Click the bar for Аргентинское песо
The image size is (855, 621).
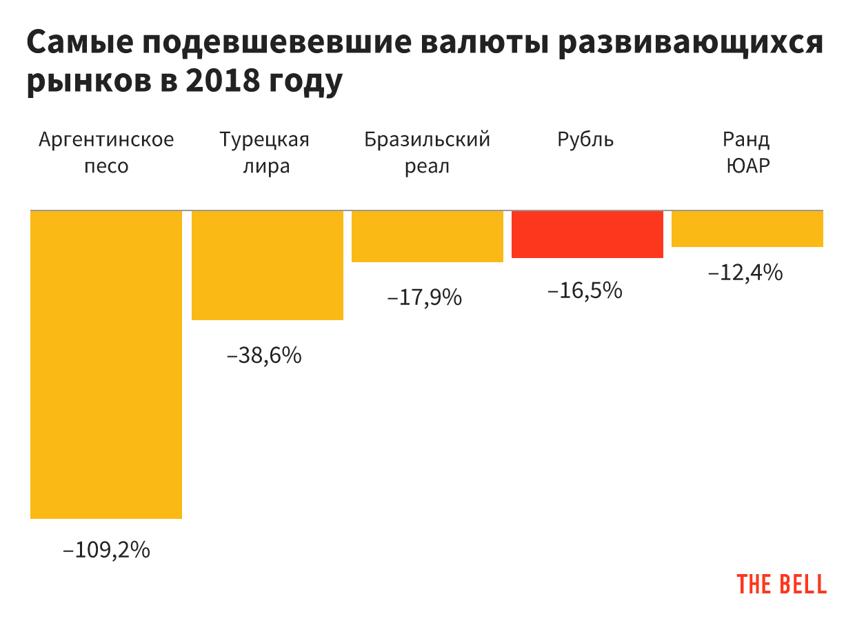(106, 364)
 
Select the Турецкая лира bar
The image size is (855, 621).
(267, 265)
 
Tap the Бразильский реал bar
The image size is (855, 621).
(427, 236)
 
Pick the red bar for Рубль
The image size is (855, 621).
(587, 234)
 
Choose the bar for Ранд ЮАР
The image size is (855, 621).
(747, 228)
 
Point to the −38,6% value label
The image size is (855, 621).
(264, 356)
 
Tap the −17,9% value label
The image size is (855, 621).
(424, 297)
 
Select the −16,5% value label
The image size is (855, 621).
(585, 290)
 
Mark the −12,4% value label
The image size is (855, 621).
(745, 273)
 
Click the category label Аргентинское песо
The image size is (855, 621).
(106, 152)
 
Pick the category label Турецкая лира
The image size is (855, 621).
(265, 152)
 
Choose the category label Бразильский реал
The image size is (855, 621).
(428, 152)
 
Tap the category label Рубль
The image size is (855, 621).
(585, 140)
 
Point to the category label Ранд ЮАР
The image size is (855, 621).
(747, 152)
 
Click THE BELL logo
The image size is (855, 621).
(782, 584)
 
